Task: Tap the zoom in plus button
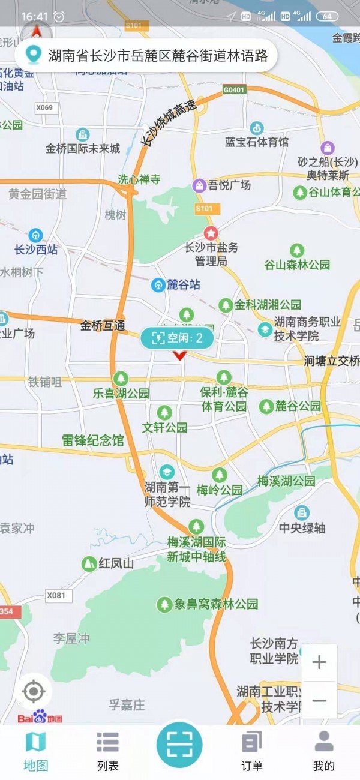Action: [319, 662]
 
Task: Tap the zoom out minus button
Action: [319, 700]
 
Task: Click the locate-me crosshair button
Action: [34, 692]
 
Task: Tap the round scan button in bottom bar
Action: [179, 744]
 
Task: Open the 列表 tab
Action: [108, 750]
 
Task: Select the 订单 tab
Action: [252, 750]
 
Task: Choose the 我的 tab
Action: [323, 750]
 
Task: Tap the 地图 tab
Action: [36, 750]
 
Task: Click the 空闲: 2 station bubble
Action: [177, 338]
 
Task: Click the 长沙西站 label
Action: [36, 250]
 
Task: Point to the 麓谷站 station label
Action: [182, 285]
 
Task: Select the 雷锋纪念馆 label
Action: [92, 440]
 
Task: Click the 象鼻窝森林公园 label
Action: [216, 604]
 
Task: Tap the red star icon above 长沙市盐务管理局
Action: [211, 232]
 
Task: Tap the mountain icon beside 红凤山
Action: [89, 563]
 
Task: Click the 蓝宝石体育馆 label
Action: [257, 142]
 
